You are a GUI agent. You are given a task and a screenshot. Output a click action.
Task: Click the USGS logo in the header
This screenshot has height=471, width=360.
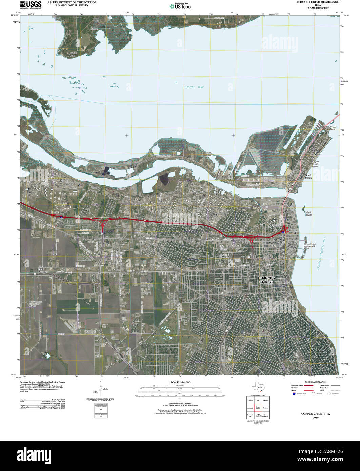[x=31, y=4]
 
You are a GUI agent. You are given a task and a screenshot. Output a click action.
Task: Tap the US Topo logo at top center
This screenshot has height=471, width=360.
[x=180, y=6]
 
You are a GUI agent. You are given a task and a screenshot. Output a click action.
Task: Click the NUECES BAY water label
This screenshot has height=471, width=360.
[x=194, y=87]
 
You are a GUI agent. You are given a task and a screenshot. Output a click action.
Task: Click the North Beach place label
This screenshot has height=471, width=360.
[x=308, y=177]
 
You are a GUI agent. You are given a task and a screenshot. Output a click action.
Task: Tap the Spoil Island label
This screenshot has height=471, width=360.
[x=309, y=214]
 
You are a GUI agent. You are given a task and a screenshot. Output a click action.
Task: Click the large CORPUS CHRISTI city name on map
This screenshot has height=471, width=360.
[x=267, y=280]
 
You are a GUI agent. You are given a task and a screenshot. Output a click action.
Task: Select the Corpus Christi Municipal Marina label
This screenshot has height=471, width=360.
[x=311, y=246]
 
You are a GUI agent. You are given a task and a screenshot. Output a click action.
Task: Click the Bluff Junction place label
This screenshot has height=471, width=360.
[x=43, y=270]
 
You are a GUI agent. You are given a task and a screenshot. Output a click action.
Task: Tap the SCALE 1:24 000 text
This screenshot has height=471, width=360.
[x=180, y=382]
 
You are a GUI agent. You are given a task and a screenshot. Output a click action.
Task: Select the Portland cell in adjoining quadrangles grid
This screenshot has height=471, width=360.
[x=266, y=408]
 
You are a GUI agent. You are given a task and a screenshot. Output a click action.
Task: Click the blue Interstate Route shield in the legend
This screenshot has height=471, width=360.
[x=293, y=393]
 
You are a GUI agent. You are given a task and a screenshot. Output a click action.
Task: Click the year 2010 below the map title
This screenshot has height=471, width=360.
[x=316, y=418]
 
